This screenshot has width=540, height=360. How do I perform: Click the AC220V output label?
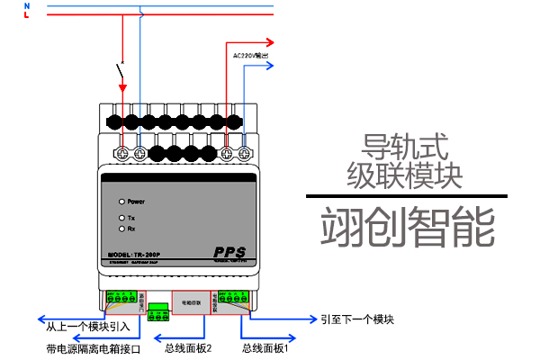(251, 55)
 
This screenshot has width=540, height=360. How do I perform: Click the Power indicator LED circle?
(121, 202)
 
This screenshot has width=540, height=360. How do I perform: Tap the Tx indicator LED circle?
(121, 218)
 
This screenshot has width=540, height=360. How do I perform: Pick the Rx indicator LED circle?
(121, 229)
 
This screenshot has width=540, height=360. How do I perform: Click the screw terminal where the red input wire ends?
(123, 154)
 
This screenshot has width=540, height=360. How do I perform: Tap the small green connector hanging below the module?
(159, 312)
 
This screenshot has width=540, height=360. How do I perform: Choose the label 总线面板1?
(265, 346)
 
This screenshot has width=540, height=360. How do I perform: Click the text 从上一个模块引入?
(87, 326)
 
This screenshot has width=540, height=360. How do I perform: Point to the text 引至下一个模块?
(358, 319)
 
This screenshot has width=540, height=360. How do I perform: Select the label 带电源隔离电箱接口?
(94, 347)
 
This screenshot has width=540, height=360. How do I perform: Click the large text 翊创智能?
(408, 227)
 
